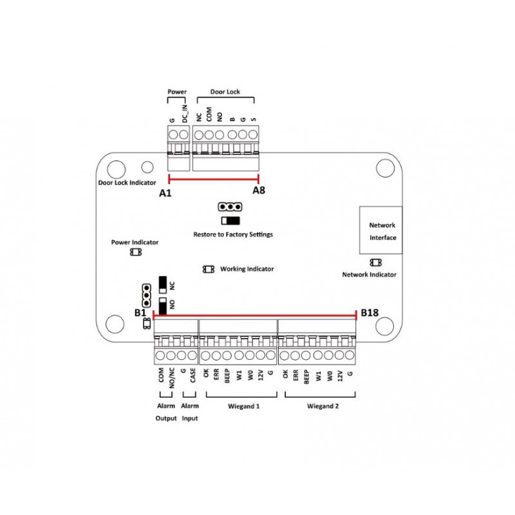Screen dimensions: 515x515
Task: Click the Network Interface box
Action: pos(380,230)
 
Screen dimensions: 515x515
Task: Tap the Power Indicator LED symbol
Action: pos(135,252)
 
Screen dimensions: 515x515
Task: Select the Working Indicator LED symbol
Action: pos(209,269)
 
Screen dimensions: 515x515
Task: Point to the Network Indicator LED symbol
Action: pos(375,263)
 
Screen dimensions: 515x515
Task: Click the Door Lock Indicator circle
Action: pos(147,167)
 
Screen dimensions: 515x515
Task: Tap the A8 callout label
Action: pos(259,191)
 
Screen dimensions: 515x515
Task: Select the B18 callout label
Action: pos(370,313)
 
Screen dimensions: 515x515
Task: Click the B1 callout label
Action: pos(141,313)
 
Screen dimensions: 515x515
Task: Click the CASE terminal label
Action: pos(192,376)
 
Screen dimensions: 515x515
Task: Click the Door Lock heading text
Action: pos(225,92)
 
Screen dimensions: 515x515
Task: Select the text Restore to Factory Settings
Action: pos(233,235)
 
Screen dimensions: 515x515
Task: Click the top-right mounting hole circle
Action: pos(385,167)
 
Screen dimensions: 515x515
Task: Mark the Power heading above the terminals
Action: pos(177,92)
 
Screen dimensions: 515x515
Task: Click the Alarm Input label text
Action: pos(190,412)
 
